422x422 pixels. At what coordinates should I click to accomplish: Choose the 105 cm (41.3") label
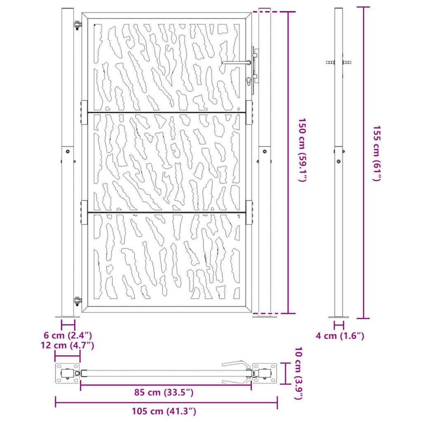164,411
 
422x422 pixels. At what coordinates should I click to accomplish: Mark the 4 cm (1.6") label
340,336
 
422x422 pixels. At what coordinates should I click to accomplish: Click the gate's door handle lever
236,63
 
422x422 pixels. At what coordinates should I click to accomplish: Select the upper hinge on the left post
77,25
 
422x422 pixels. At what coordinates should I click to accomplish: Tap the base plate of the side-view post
339,317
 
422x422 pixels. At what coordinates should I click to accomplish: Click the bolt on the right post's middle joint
264,151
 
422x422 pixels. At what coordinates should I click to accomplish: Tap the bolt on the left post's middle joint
68,152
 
